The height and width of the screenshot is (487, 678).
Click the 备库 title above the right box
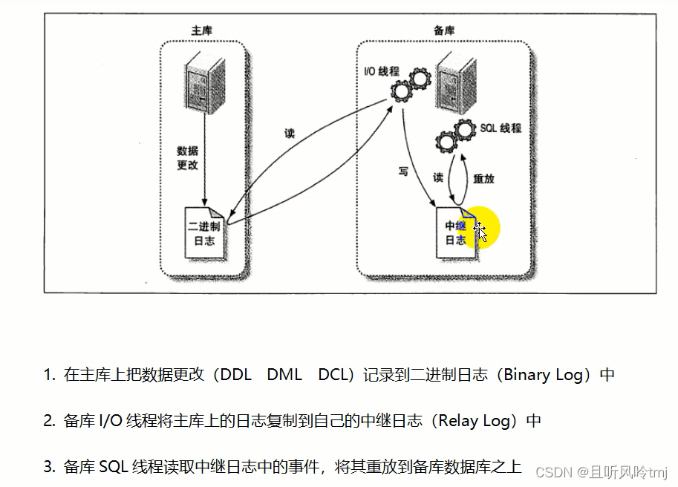(x=444, y=30)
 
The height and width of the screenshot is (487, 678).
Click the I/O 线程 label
(x=381, y=72)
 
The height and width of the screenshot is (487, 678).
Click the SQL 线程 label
(x=500, y=128)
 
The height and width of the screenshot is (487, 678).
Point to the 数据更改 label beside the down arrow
(x=187, y=158)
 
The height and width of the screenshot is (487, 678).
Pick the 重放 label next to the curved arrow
(x=483, y=178)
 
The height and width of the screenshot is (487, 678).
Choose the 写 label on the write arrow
(x=402, y=171)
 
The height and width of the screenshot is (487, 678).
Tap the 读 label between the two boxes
(x=289, y=134)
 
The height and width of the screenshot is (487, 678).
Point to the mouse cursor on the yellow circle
(x=480, y=232)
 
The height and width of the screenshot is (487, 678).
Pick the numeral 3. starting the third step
(x=49, y=467)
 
